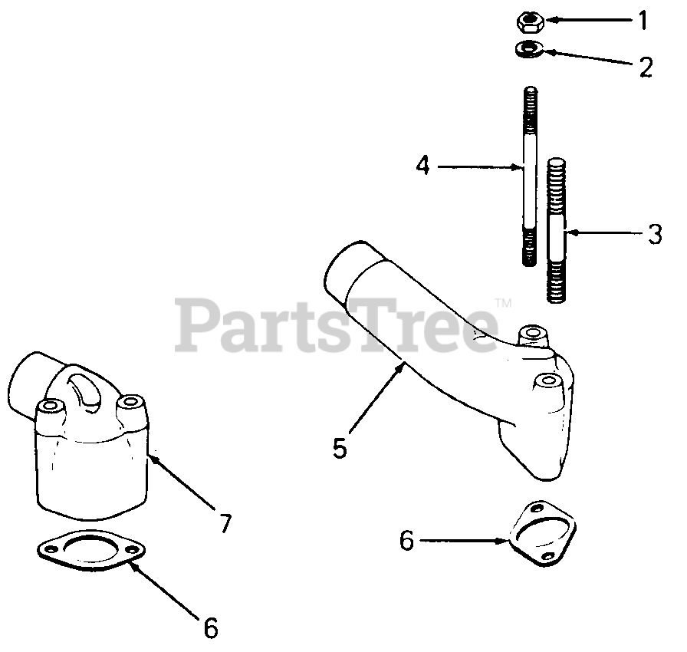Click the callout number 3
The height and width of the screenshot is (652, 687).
tap(654, 234)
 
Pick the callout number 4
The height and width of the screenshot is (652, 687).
tap(422, 165)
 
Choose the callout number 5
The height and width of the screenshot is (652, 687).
tap(340, 447)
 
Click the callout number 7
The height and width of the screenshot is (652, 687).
tap(224, 524)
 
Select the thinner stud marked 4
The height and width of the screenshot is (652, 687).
tap(529, 176)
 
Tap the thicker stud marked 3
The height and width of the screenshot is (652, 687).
tap(557, 230)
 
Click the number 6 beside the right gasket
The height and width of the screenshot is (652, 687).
tap(406, 541)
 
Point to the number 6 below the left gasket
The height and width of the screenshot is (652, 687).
tap(211, 629)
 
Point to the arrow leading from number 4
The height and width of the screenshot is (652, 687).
tap(480, 166)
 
